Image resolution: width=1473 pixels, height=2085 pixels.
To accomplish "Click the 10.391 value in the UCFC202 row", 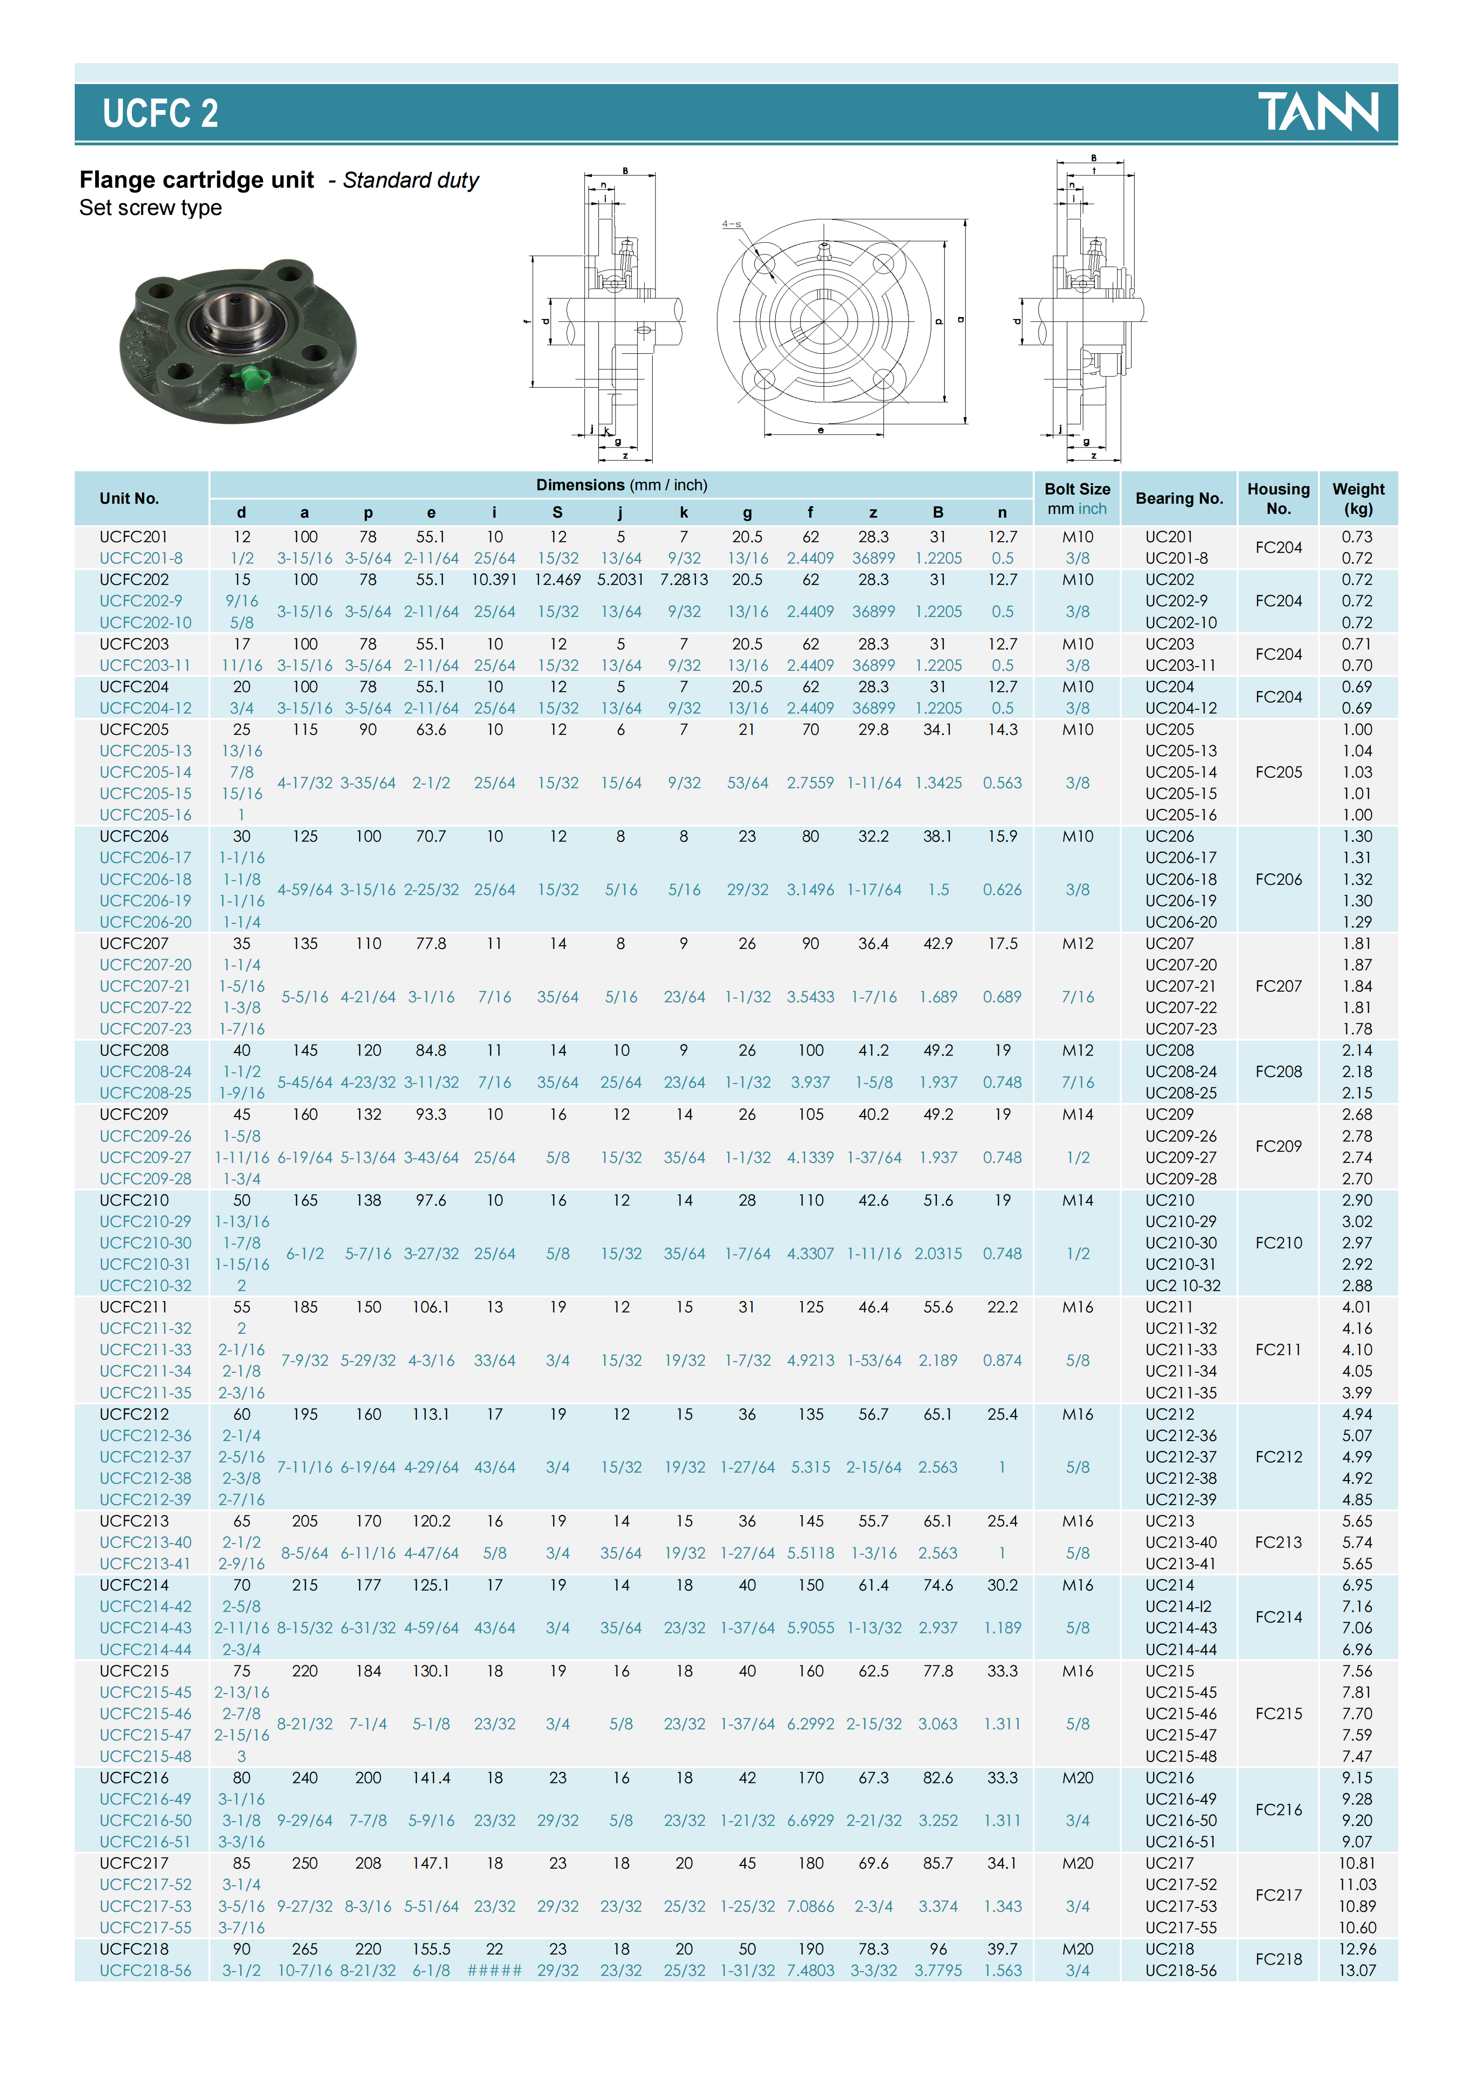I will [494, 579].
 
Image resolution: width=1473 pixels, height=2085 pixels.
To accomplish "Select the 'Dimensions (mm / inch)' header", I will [621, 485].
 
